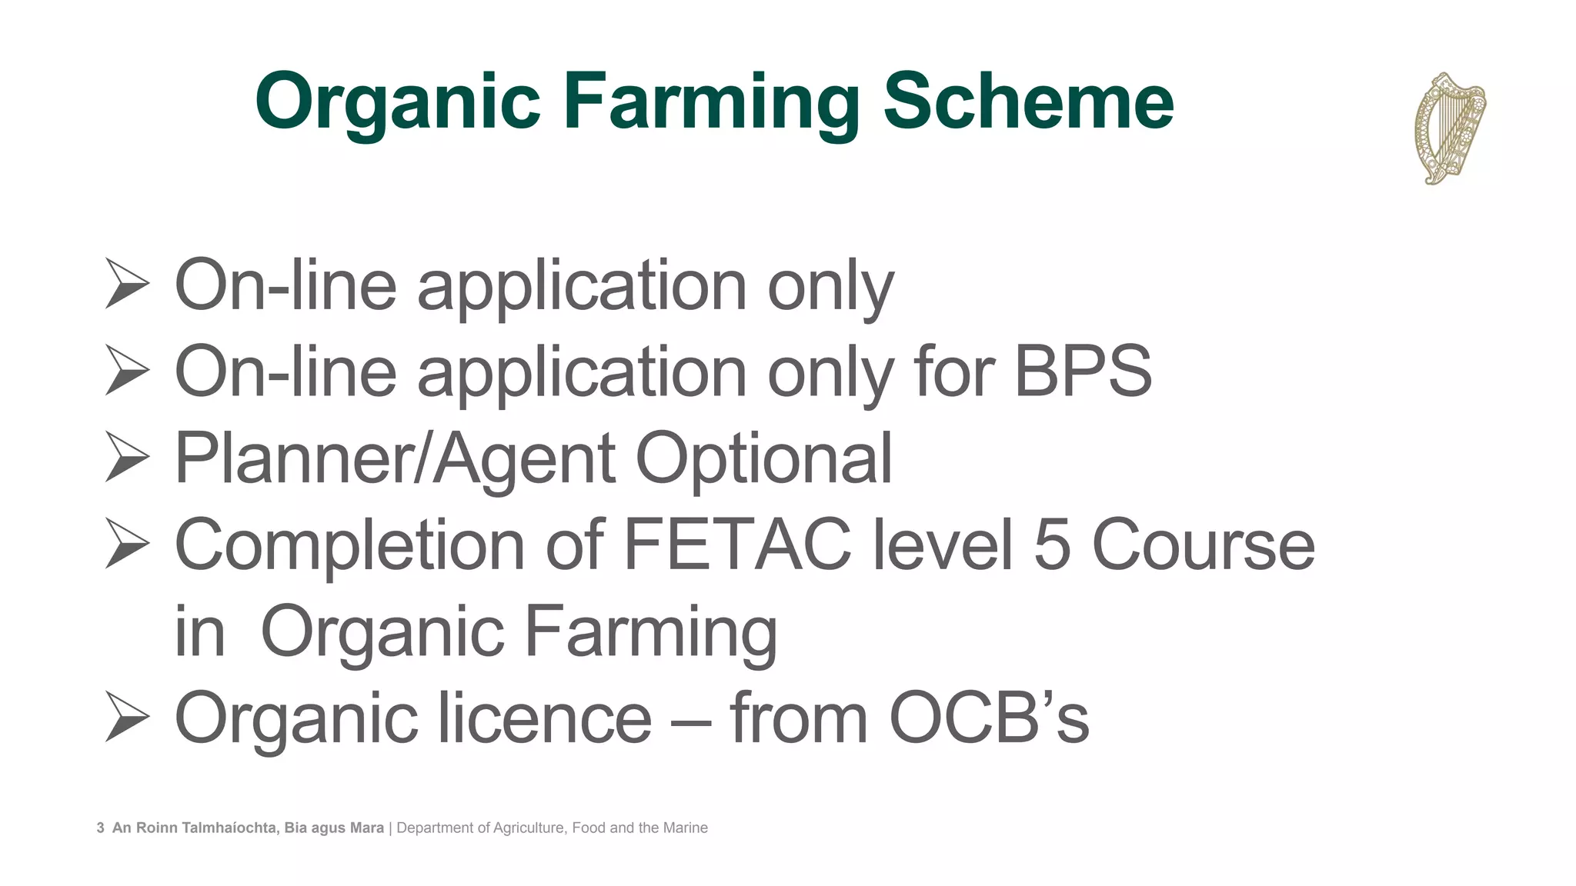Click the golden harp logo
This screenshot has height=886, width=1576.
pyautogui.click(x=1449, y=128)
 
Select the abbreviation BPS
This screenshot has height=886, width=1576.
pyautogui.click(x=1083, y=371)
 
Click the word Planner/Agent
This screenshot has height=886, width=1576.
pyautogui.click(x=394, y=458)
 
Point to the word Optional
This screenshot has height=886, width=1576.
pyautogui.click(x=763, y=458)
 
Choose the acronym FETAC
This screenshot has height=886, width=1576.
pyautogui.click(x=737, y=545)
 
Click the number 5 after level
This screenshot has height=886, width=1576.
pyautogui.click(x=1052, y=545)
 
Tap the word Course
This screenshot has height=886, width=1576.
pyautogui.click(x=1204, y=545)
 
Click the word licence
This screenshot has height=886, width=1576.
pyautogui.click(x=545, y=718)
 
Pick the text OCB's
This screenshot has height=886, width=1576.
pyautogui.click(x=989, y=718)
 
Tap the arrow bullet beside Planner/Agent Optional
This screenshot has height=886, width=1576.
pyautogui.click(x=127, y=458)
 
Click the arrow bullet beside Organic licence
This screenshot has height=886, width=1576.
pyautogui.click(x=127, y=717)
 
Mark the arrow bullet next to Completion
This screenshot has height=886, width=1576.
pyautogui.click(x=127, y=544)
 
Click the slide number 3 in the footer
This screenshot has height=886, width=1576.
pyautogui.click(x=101, y=828)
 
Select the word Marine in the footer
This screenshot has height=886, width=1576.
pyautogui.click(x=685, y=828)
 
